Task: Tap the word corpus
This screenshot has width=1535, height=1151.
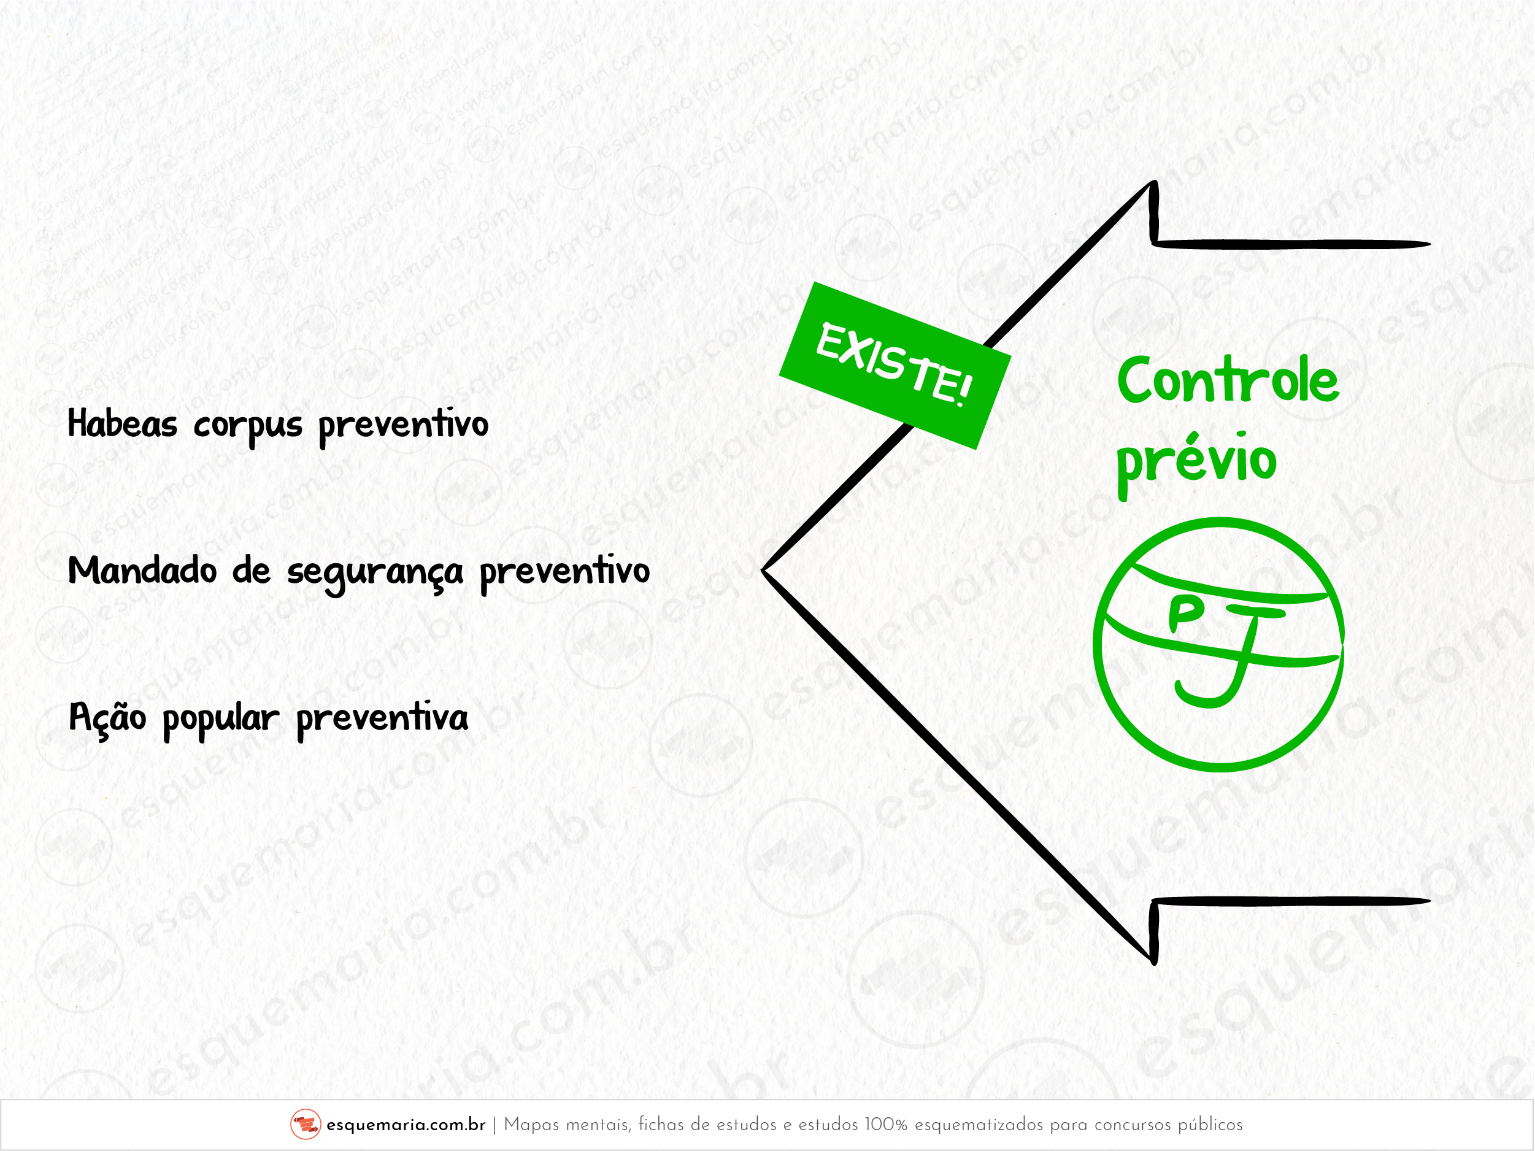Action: (x=248, y=426)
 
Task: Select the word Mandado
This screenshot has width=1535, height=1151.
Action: (x=142, y=571)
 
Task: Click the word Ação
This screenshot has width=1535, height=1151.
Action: (x=107, y=717)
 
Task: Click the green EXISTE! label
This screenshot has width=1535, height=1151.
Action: (x=894, y=366)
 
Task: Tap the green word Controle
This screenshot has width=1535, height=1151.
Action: (x=1228, y=380)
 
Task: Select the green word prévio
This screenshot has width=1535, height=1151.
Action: (x=1196, y=461)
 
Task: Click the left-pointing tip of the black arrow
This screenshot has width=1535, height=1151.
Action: (x=763, y=571)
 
